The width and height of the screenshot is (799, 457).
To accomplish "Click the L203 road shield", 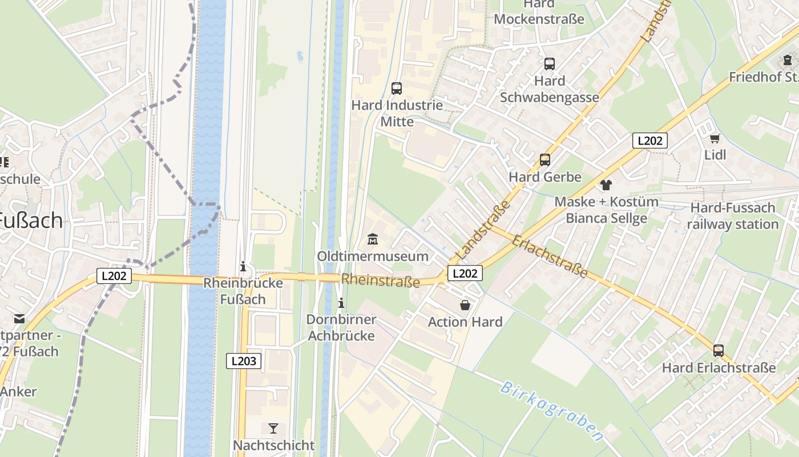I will tap(244, 361).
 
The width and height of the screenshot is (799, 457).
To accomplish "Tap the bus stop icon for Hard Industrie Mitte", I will tap(397, 89).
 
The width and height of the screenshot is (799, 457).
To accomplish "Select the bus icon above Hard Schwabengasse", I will tap(550, 64).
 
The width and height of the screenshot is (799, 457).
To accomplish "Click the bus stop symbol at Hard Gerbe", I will tap(545, 160).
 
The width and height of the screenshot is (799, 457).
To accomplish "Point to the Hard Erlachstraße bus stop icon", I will tap(719, 351).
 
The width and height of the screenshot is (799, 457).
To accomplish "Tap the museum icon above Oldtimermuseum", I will tap(373, 239).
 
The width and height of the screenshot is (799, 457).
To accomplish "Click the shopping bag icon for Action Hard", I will tap(465, 305).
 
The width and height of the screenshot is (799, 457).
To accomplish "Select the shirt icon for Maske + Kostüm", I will tap(606, 185).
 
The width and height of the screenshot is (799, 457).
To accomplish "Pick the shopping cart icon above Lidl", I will tap(715, 138).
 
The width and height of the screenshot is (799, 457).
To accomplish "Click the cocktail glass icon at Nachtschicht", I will tap(273, 428).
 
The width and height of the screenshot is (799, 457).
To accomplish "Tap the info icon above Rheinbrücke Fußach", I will tap(243, 266).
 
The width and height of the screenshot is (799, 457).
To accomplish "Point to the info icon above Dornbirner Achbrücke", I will tap(341, 303).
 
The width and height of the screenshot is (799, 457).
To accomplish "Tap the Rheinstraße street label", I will tap(381, 280).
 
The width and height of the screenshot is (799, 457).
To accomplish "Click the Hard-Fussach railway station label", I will tap(733, 216).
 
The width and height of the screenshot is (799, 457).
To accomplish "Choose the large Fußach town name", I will tap(30, 220).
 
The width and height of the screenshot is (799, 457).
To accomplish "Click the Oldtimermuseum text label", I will tap(373, 256).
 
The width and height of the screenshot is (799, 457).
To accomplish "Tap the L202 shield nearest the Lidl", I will tap(650, 141).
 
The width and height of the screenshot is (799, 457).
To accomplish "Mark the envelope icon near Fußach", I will tap(20, 318).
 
